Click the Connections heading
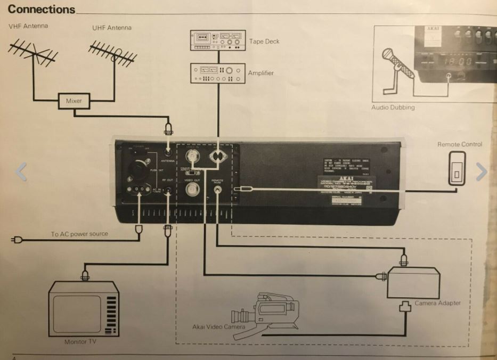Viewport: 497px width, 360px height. (x=42, y=9)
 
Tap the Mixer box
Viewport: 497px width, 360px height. (x=74, y=100)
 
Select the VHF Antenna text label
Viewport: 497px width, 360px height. (x=28, y=26)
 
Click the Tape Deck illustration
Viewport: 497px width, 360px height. (x=218, y=40)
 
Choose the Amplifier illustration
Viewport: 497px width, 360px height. (x=218, y=72)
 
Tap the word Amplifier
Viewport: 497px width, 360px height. (x=260, y=73)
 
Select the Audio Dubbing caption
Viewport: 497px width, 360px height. (x=393, y=108)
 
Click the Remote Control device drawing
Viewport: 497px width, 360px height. (x=457, y=168)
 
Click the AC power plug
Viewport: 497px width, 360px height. (x=17, y=240)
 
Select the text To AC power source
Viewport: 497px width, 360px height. (x=79, y=234)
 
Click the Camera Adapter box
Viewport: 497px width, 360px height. (x=413, y=283)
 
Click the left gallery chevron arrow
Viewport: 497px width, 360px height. (x=21, y=171)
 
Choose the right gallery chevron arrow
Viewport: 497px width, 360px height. (x=481, y=171)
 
